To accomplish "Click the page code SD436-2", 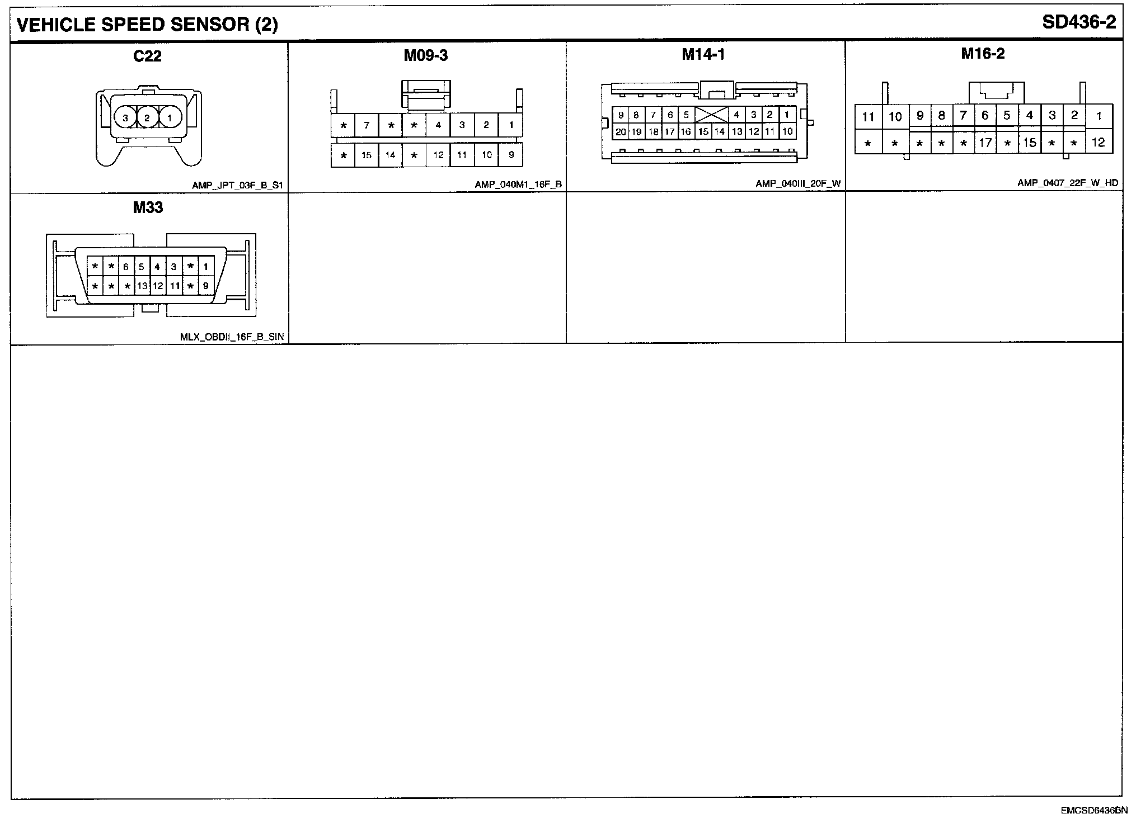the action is pyautogui.click(x=1079, y=22).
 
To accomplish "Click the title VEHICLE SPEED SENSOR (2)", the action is pyautogui.click(x=147, y=25).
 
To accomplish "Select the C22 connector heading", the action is pyautogui.click(x=147, y=55).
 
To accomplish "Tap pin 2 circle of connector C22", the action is pyautogui.click(x=147, y=117).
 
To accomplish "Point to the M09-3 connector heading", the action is pyautogui.click(x=426, y=55).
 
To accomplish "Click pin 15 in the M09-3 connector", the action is pyautogui.click(x=367, y=155).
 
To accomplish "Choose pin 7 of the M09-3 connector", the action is pyautogui.click(x=367, y=125).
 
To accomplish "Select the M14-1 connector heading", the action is pyautogui.click(x=703, y=54).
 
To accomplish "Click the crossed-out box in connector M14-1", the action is pyautogui.click(x=711, y=115).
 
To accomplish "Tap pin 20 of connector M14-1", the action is pyautogui.click(x=621, y=132).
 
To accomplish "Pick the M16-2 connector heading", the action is pyautogui.click(x=983, y=54).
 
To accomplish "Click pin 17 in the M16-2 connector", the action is pyautogui.click(x=985, y=143).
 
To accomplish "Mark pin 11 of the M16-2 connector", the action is pyautogui.click(x=868, y=117).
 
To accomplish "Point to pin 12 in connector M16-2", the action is pyautogui.click(x=1098, y=143).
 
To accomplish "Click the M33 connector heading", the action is pyautogui.click(x=148, y=207).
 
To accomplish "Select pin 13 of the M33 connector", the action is pyautogui.click(x=142, y=286).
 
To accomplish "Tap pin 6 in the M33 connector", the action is pyautogui.click(x=126, y=267).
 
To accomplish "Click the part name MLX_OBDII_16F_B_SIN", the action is pyautogui.click(x=232, y=337).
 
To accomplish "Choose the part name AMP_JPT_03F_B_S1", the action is pyautogui.click(x=237, y=185).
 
